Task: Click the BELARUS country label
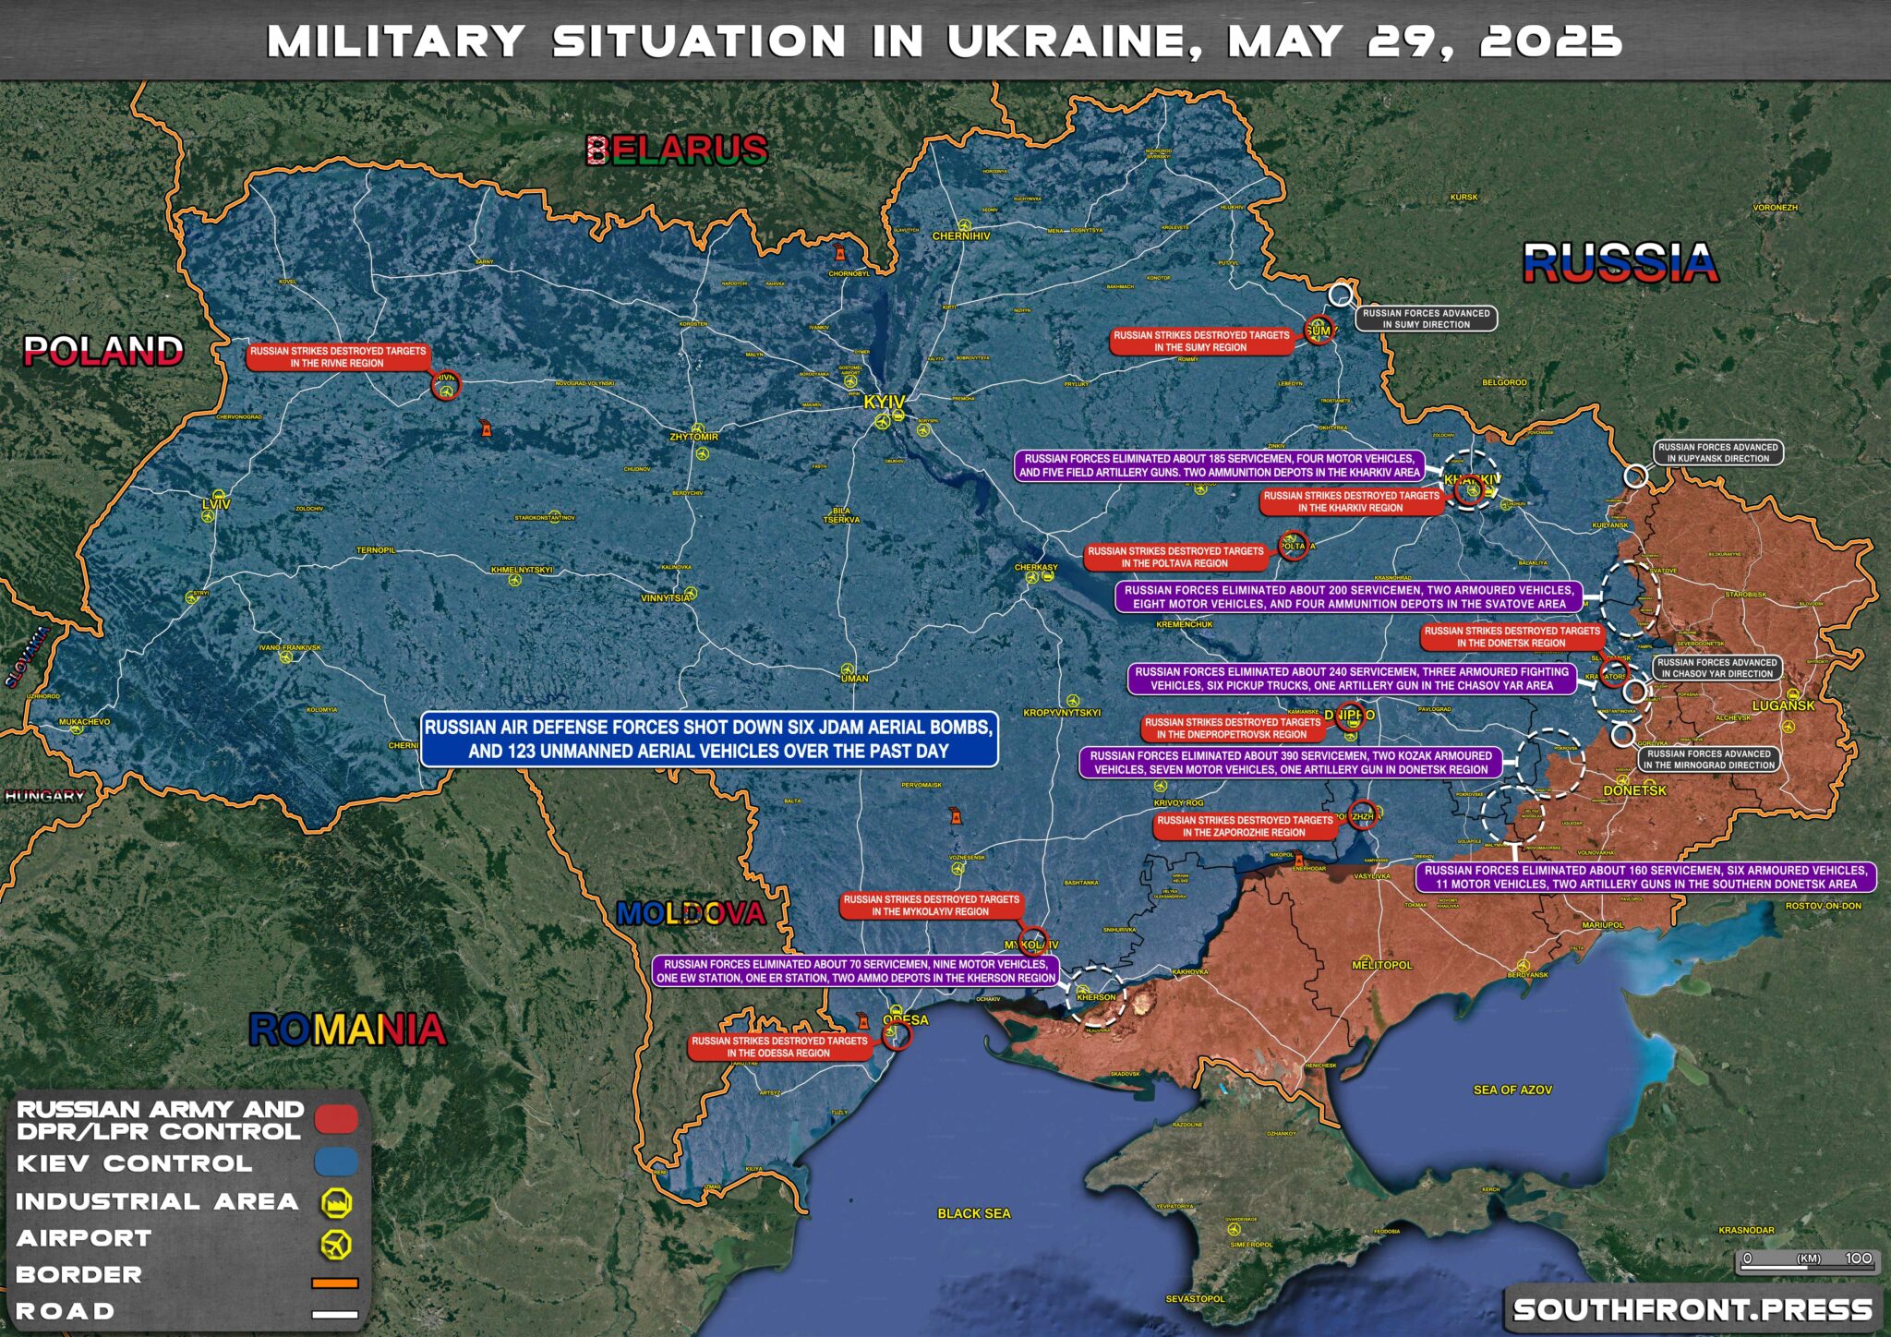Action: [x=677, y=150]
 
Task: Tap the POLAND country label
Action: [x=103, y=351]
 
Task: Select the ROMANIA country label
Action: [x=347, y=1030]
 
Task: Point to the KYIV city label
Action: [x=884, y=403]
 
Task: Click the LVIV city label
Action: [x=215, y=504]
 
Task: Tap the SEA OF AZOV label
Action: [x=1512, y=1090]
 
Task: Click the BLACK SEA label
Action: [x=973, y=1213]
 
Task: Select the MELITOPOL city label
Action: [x=1382, y=965]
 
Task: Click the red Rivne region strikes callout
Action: [x=338, y=357]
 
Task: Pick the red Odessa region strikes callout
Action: [x=779, y=1047]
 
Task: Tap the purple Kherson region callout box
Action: [x=855, y=970]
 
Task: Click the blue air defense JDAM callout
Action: [x=708, y=740]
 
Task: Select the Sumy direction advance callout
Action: [x=1426, y=319]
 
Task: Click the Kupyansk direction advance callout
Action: [x=1717, y=452]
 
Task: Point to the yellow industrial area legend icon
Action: [x=336, y=1203]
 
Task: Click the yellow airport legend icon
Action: [x=336, y=1244]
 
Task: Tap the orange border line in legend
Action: [x=334, y=1283]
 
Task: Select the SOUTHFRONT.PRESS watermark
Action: [x=1692, y=1309]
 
